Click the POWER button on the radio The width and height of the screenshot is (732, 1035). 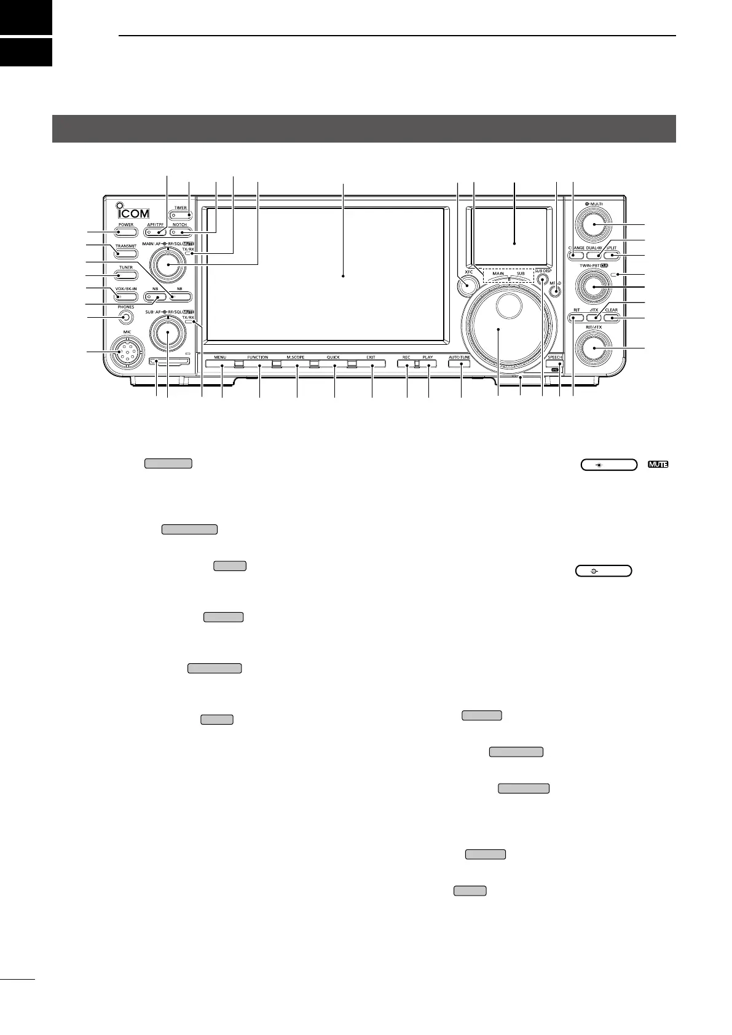(x=126, y=232)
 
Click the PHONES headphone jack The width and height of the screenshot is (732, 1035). (x=126, y=317)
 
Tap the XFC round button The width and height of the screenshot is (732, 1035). (x=468, y=286)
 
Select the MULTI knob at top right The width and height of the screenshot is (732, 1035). (x=594, y=225)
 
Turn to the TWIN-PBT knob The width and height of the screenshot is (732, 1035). (x=594, y=286)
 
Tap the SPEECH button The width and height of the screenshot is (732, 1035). (x=554, y=365)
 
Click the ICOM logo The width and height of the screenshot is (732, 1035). (x=132, y=213)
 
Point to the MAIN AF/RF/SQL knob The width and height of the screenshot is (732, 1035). (x=167, y=264)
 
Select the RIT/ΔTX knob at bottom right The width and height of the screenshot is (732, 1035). (x=594, y=350)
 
